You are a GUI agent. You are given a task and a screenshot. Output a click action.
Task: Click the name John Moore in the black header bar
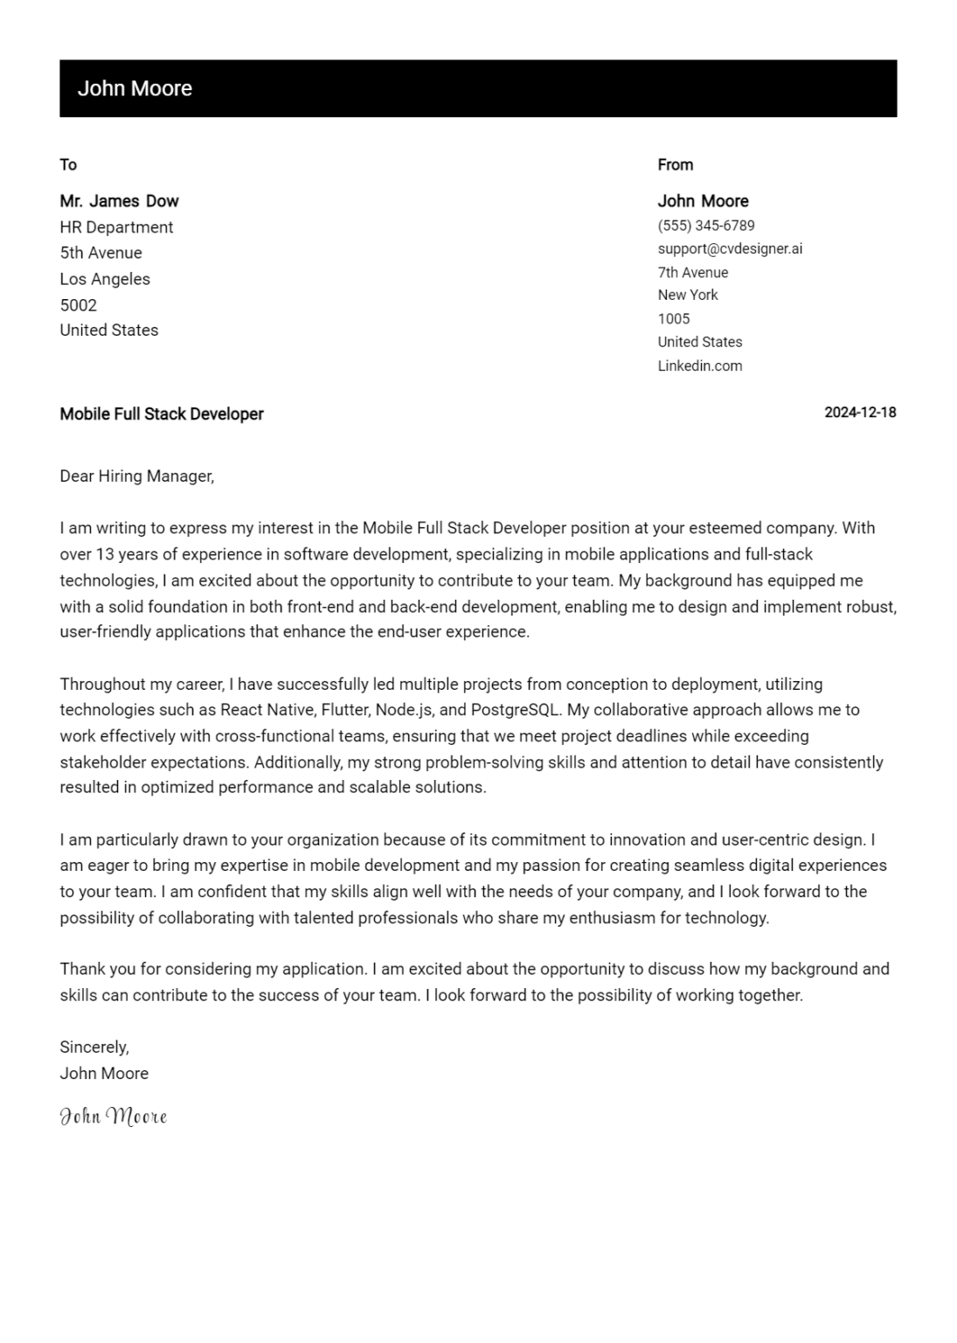pyautogui.click(x=135, y=88)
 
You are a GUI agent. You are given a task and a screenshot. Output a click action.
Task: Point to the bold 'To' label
pyautogui.click(x=68, y=164)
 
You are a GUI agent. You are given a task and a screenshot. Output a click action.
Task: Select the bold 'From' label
pyautogui.click(x=675, y=164)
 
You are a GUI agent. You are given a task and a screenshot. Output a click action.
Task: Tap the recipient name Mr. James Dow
pyautogui.click(x=119, y=201)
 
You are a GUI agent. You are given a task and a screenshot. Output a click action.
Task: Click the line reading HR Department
pyautogui.click(x=116, y=227)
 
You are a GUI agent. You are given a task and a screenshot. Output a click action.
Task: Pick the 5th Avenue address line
pyautogui.click(x=101, y=253)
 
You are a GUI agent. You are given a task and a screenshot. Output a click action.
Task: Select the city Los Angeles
pyautogui.click(x=105, y=279)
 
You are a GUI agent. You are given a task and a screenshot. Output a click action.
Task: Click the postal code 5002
pyautogui.click(x=78, y=305)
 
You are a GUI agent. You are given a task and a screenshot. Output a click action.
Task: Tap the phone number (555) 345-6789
pyautogui.click(x=706, y=226)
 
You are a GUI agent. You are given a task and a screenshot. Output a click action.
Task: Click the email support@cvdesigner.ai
pyautogui.click(x=730, y=248)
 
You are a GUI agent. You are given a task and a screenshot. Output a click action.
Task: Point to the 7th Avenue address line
pyautogui.click(x=693, y=272)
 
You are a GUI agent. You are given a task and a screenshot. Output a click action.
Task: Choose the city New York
pyautogui.click(x=688, y=295)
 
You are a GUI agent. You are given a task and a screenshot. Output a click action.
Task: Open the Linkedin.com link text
pyautogui.click(x=700, y=365)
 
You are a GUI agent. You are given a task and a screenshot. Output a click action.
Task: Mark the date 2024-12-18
pyautogui.click(x=860, y=413)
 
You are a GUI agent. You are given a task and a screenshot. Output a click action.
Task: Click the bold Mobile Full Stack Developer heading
pyautogui.click(x=162, y=414)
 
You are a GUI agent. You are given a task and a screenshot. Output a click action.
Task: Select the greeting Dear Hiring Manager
pyautogui.click(x=136, y=477)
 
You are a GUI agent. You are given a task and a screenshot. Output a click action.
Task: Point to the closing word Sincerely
pyautogui.click(x=94, y=1047)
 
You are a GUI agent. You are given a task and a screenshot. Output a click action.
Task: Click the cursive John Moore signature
pyautogui.click(x=113, y=1116)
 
